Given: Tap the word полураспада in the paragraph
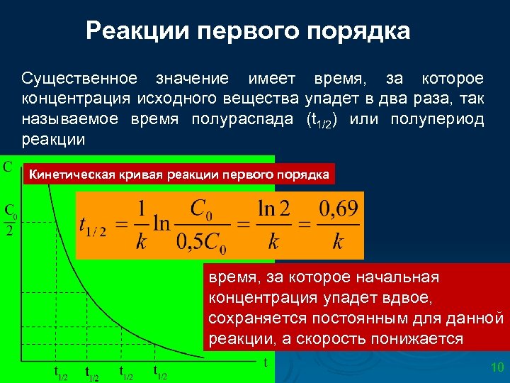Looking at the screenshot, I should [242, 118].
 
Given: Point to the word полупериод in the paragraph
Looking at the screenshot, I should [437, 118].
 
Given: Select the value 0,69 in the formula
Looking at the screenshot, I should [339, 210].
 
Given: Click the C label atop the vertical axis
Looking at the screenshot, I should [7, 167].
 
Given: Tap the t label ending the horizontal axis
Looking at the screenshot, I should [265, 362].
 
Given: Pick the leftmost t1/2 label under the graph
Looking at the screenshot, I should [61, 372].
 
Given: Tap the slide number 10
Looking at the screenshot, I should [497, 367].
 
